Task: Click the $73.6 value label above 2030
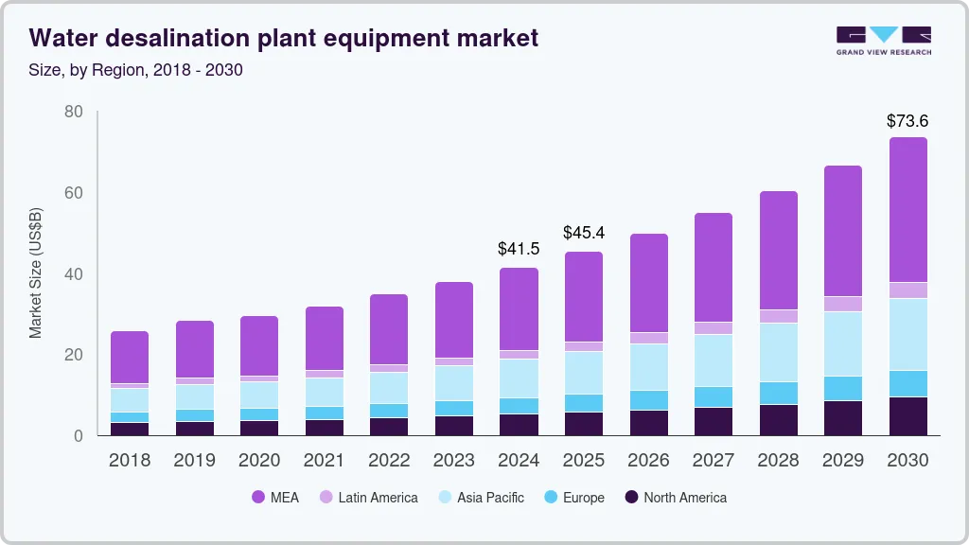coord(907,121)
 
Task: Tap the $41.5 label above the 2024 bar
coord(519,250)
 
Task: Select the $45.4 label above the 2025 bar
coord(584,233)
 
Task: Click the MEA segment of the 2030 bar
coord(907,210)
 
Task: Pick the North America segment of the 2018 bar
coord(130,429)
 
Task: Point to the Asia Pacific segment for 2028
coord(778,352)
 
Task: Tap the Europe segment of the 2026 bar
coord(648,400)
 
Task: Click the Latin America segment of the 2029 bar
coord(842,304)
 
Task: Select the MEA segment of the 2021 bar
coord(324,338)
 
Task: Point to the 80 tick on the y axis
coord(74,113)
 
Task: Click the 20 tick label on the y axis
coord(74,355)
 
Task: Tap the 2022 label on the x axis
coord(389,461)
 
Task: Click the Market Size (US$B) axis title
coord(36,273)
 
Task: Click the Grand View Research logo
coord(883,40)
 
